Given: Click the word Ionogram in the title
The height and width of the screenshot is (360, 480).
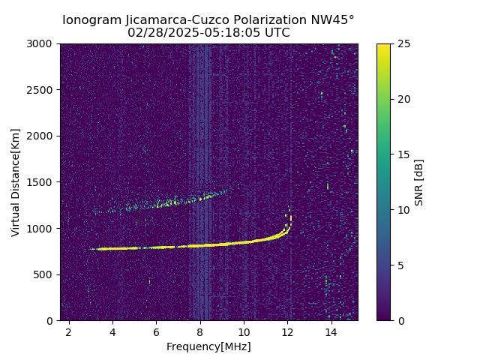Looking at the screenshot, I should (x=91, y=20).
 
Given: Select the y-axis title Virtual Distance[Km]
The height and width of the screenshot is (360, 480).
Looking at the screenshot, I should (x=16, y=182).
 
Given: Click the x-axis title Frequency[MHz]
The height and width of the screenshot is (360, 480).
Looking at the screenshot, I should (x=208, y=346).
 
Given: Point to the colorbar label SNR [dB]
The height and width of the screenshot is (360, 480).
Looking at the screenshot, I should (x=419, y=182).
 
